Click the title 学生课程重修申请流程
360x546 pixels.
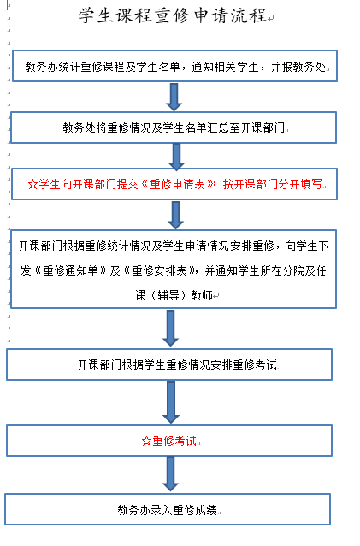point(173,15)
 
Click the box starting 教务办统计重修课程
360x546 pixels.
point(175,66)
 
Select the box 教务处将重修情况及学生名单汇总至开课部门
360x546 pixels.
point(174,128)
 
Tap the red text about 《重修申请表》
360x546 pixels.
point(175,184)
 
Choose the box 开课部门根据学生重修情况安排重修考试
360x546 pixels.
point(169,365)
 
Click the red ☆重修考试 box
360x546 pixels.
point(169,441)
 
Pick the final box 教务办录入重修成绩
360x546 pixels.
point(168,509)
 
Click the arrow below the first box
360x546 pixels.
point(174,97)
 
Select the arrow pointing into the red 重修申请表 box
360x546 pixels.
point(177,157)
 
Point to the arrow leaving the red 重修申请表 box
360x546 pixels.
point(175,215)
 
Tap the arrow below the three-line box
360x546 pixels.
point(170,328)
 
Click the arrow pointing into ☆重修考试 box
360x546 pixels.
point(171,402)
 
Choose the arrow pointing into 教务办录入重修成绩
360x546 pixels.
point(170,474)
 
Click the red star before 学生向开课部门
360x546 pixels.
point(32,184)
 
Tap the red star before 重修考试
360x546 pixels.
point(146,442)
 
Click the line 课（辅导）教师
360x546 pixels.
point(174,295)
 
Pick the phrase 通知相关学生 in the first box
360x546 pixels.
point(225,67)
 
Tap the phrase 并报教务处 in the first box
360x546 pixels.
point(298,67)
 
